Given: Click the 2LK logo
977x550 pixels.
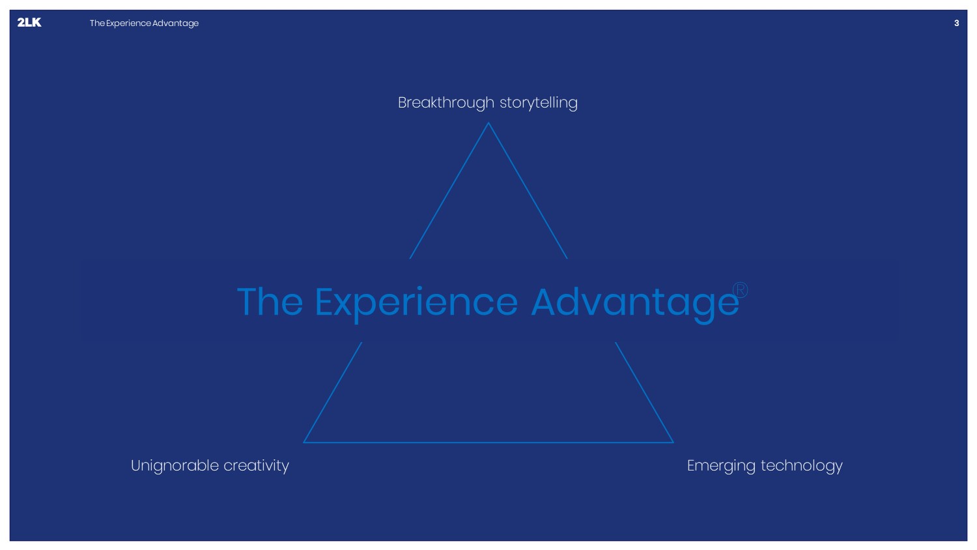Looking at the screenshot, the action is pyautogui.click(x=29, y=22).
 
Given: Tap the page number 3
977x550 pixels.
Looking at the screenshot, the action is pyautogui.click(x=957, y=23).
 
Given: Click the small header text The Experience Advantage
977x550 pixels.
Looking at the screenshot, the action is pyautogui.click(x=144, y=23).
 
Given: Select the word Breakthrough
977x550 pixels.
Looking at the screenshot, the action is pyautogui.click(x=446, y=102).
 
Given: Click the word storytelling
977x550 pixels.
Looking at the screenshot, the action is pyautogui.click(x=539, y=103).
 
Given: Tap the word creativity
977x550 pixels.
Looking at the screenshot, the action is pyautogui.click(x=256, y=465).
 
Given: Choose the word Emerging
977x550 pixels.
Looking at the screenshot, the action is pyautogui.click(x=721, y=466).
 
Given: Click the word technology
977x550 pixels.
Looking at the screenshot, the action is pyautogui.click(x=802, y=466).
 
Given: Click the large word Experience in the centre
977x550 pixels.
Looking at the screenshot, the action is pyautogui.click(x=416, y=303).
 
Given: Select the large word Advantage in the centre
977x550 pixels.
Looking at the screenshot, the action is pyautogui.click(x=635, y=303).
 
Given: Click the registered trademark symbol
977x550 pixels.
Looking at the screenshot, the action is pyautogui.click(x=740, y=290).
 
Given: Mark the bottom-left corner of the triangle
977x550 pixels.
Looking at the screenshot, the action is pyautogui.click(x=304, y=442).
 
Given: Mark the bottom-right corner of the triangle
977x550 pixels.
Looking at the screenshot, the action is pyautogui.click(x=673, y=442).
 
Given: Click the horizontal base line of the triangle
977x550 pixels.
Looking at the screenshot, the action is pyautogui.click(x=488, y=442).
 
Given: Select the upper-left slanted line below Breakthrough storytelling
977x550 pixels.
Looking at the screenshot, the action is pyautogui.click(x=449, y=191).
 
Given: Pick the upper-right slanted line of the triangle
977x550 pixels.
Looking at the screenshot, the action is pyautogui.click(x=528, y=191).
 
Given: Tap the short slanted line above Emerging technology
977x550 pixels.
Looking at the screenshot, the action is pyautogui.click(x=644, y=392).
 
